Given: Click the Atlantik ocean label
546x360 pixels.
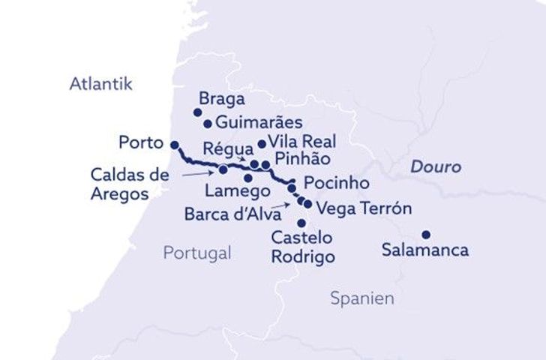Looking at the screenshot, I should [100, 83].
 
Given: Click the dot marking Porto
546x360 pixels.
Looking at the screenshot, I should [174, 145].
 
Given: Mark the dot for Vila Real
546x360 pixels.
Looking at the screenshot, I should [262, 144].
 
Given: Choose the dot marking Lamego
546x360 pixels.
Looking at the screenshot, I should [248, 178].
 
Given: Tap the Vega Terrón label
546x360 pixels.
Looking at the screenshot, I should [364, 208].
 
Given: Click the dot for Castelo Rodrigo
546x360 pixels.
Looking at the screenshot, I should [301, 223].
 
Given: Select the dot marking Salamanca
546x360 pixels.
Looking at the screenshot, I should [425, 234].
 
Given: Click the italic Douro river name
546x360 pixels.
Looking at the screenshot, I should [435, 166].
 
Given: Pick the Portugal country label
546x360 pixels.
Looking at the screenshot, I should [197, 253].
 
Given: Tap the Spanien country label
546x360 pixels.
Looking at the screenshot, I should [362, 298].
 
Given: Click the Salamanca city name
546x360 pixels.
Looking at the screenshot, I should [425, 250].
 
